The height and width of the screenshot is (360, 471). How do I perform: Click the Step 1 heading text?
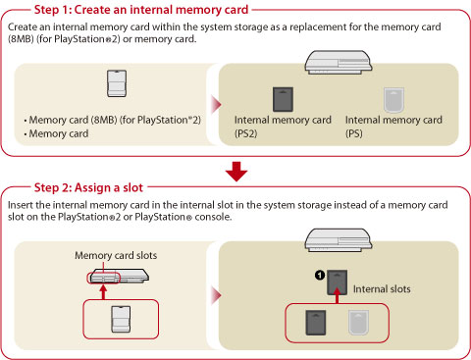tap(141, 10)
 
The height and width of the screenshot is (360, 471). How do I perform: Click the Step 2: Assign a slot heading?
tap(88, 187)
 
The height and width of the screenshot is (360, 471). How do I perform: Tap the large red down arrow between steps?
tap(236, 172)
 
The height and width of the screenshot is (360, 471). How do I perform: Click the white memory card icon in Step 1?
tap(117, 83)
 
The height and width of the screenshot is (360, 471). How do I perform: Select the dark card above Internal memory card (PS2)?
tap(283, 99)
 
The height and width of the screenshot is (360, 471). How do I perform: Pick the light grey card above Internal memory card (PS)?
tap(393, 100)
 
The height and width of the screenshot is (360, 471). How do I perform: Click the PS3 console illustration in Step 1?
tap(339, 62)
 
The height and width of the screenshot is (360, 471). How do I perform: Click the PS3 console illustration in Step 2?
tap(339, 240)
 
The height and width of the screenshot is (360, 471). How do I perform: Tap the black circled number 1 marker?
tap(320, 275)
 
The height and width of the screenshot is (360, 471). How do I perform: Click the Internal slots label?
tap(382, 289)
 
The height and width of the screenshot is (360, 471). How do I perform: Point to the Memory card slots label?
tap(116, 255)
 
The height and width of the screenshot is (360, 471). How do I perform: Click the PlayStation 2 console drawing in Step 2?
tap(119, 276)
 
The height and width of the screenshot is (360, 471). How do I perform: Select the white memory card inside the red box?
tap(121, 320)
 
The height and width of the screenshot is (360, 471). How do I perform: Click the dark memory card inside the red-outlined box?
tap(316, 323)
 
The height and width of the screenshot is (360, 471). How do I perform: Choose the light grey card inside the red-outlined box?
tap(358, 323)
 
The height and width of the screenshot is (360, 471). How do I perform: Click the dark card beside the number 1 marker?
tap(338, 282)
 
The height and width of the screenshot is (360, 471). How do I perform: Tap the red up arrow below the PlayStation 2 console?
tap(103, 292)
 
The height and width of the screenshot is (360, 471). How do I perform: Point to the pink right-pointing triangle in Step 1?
tap(217, 105)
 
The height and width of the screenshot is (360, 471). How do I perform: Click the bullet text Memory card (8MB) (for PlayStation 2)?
tap(115, 120)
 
